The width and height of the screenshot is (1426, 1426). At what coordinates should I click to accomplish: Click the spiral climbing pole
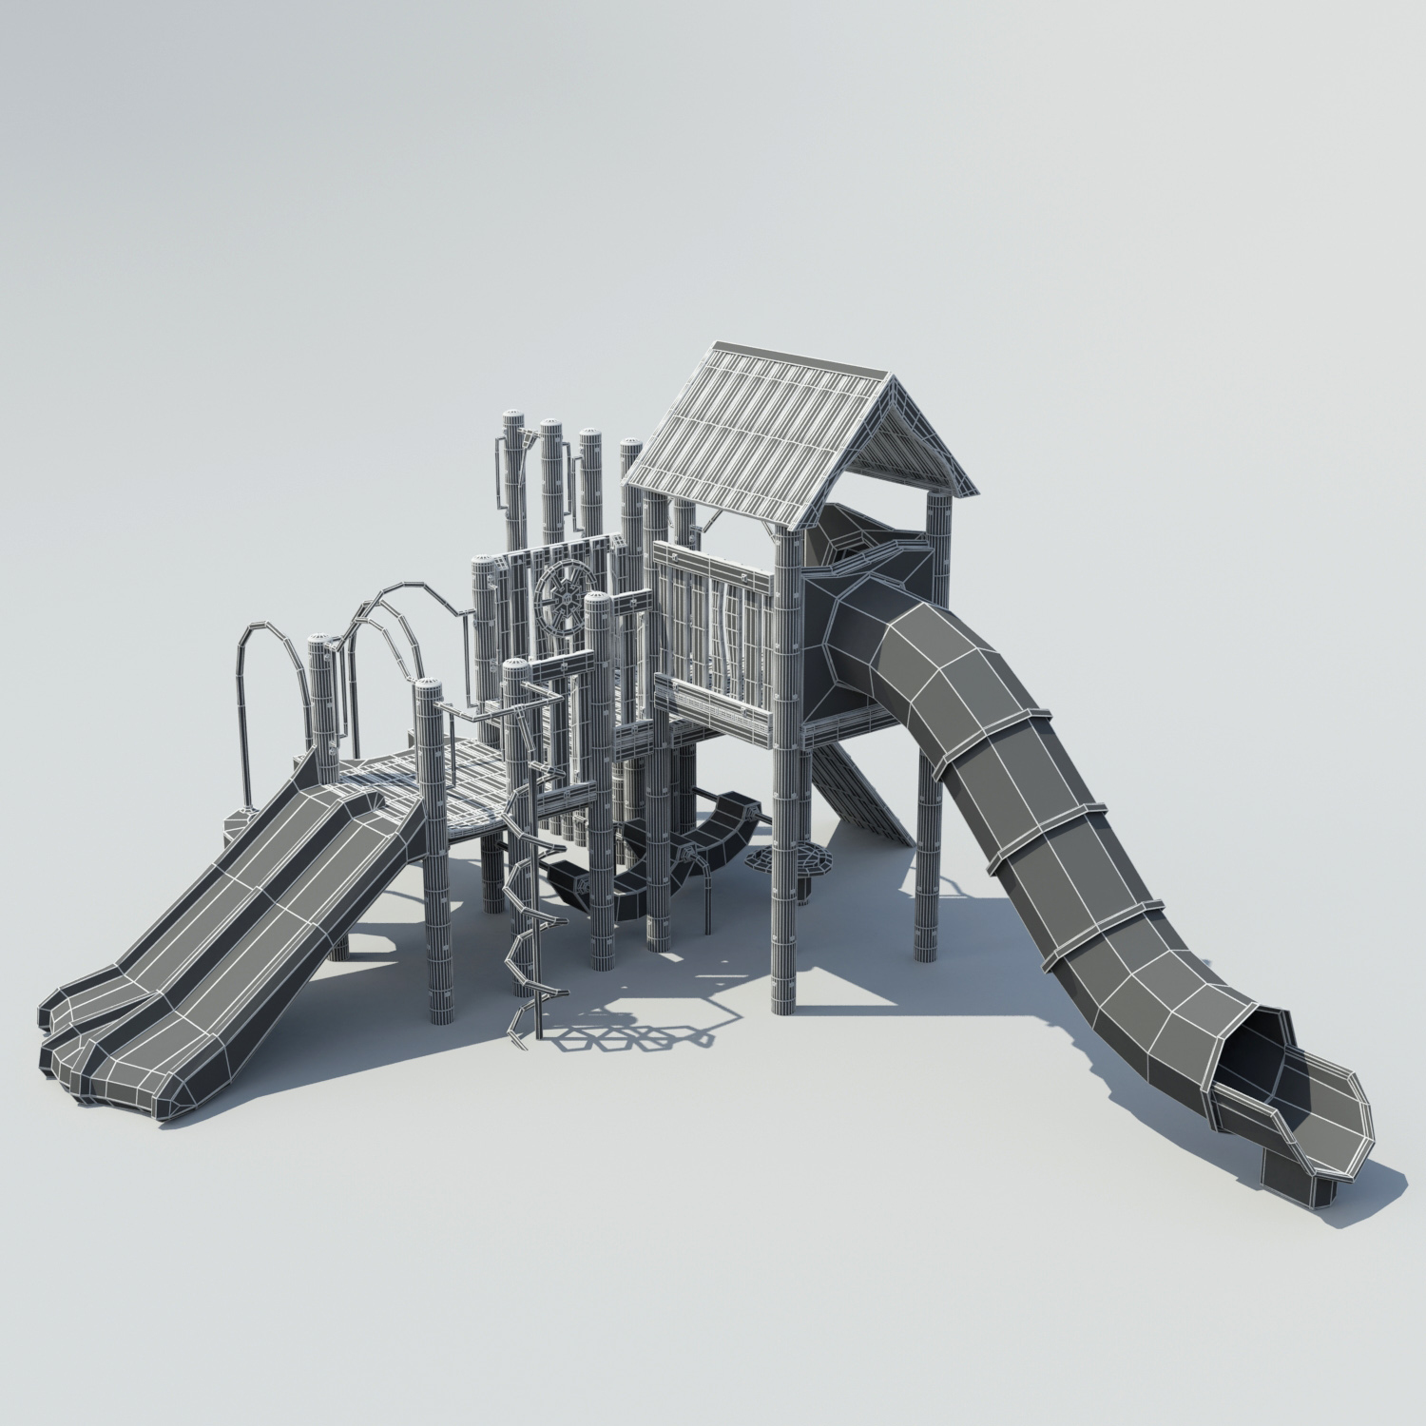tap(525, 913)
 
